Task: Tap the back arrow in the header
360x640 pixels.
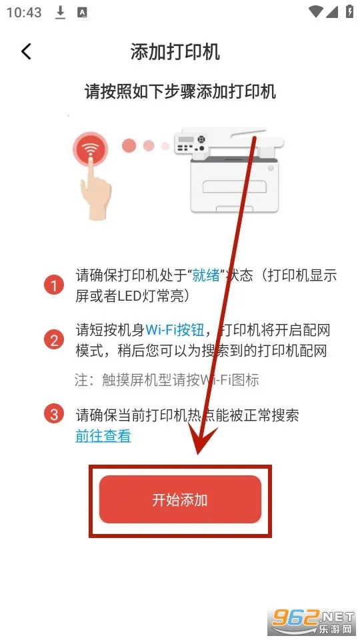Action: pyautogui.click(x=26, y=51)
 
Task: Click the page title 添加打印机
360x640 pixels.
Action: pyautogui.click(x=175, y=52)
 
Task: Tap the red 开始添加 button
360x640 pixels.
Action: pyautogui.click(x=180, y=499)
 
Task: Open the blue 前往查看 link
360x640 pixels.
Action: pyautogui.click(x=103, y=436)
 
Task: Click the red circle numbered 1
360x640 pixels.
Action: pyautogui.click(x=54, y=286)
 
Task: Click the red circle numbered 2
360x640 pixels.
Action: pyautogui.click(x=54, y=340)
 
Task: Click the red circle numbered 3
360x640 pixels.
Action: pyautogui.click(x=54, y=415)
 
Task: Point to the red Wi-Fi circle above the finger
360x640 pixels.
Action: pyautogui.click(x=91, y=149)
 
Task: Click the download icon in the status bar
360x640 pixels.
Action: pyautogui.click(x=61, y=13)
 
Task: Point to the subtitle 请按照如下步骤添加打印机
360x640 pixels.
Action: pyautogui.click(x=180, y=91)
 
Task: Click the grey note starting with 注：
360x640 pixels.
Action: pyautogui.click(x=167, y=380)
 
